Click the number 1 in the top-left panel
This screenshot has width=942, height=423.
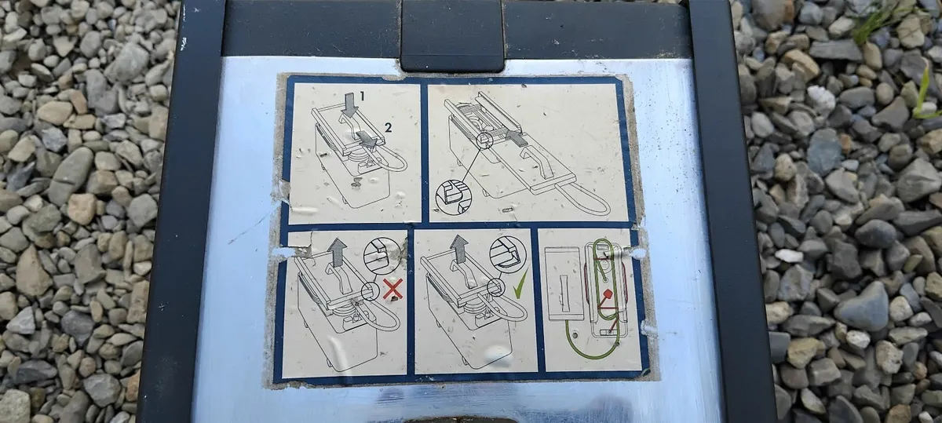(x=362, y=97)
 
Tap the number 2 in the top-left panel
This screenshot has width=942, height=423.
(x=388, y=126)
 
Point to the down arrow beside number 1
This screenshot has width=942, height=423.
(x=349, y=104)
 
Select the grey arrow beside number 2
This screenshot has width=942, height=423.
(x=367, y=138)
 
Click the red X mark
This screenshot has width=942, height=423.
(x=392, y=289)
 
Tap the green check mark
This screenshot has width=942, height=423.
(x=520, y=285)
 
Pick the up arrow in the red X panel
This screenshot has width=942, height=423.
(x=337, y=252)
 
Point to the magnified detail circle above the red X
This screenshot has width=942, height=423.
(x=382, y=256)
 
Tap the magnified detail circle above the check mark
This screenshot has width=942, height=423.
(x=509, y=254)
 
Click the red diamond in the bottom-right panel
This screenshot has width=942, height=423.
(x=608, y=293)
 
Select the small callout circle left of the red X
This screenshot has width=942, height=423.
(x=371, y=291)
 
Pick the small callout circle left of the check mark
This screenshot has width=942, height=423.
(x=496, y=287)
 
